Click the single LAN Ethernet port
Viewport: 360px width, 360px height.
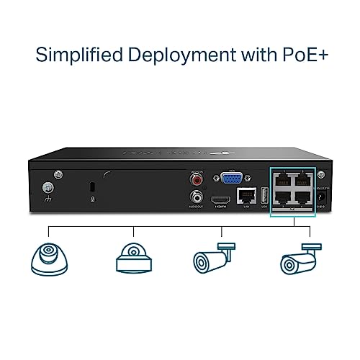click(246, 195)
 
